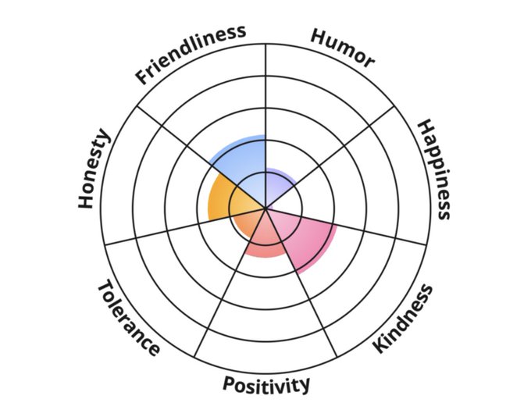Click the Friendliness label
(x=191, y=54)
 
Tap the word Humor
(x=343, y=48)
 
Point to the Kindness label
(x=402, y=319)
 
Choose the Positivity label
(x=266, y=384)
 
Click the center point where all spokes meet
(x=266, y=208)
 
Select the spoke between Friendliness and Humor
(x=266, y=94)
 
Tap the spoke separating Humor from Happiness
(x=351, y=141)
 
